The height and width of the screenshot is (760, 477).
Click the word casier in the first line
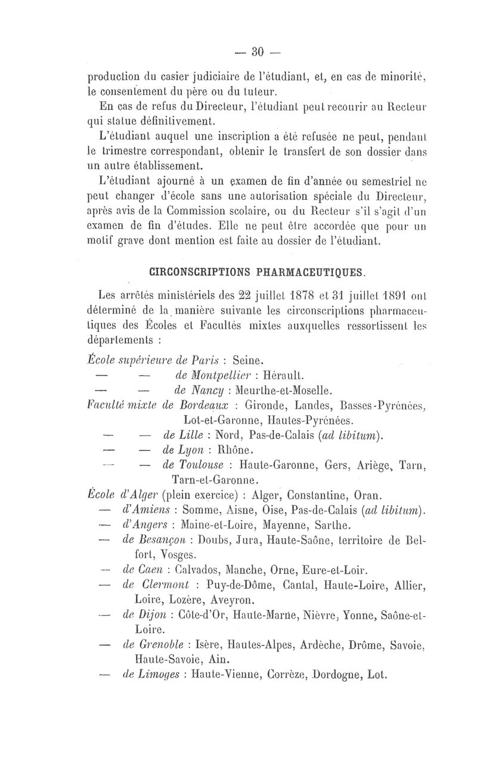tap(173, 76)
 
